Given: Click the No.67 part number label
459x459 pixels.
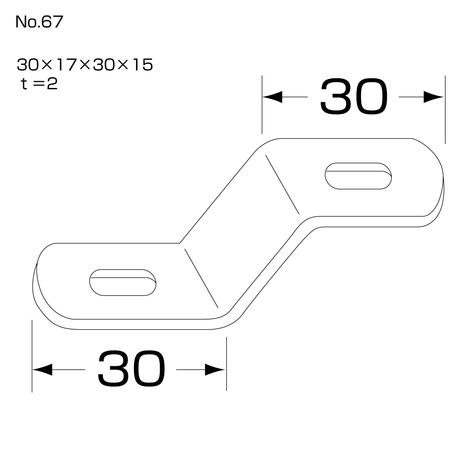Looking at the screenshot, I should coord(39,22).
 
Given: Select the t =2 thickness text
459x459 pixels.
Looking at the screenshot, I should coord(39,84).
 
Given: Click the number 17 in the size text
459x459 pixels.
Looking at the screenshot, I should coord(67,65).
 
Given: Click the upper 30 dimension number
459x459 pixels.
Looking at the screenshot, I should coord(353,97).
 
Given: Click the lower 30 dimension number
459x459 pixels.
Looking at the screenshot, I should coord(131,370).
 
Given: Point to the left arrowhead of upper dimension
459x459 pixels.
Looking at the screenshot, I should coord(272,97).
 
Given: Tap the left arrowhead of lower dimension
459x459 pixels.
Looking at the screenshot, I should coord(42,370).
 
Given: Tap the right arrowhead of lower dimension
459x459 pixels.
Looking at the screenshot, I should coord(215,370).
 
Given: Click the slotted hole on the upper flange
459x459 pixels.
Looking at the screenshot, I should coord(358,176).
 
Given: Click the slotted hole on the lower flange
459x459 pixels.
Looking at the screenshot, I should coord(123,282).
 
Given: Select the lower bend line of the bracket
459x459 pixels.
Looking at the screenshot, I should coord(201,278).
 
